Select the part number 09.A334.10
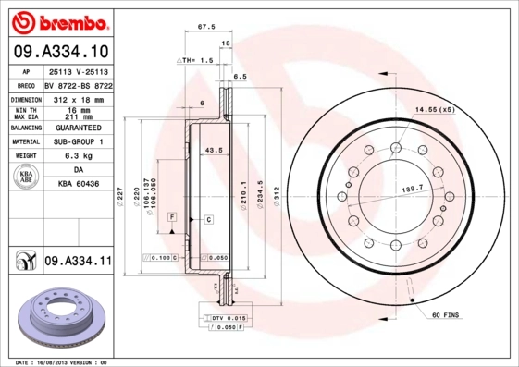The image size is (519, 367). click(60, 51)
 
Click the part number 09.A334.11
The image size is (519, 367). click(78, 263)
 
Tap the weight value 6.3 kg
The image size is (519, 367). click(76, 156)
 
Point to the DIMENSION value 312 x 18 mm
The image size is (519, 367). click(76, 98)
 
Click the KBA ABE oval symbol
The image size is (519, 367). click(27, 176)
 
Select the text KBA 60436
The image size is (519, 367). click(77, 183)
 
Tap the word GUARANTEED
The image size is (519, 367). click(77, 127)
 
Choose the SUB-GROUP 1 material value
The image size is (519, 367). click(77, 141)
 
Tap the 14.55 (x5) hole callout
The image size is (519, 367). click(435, 110)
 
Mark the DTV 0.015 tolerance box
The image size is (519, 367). click(222, 317)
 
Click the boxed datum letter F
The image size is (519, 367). click(171, 215)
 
